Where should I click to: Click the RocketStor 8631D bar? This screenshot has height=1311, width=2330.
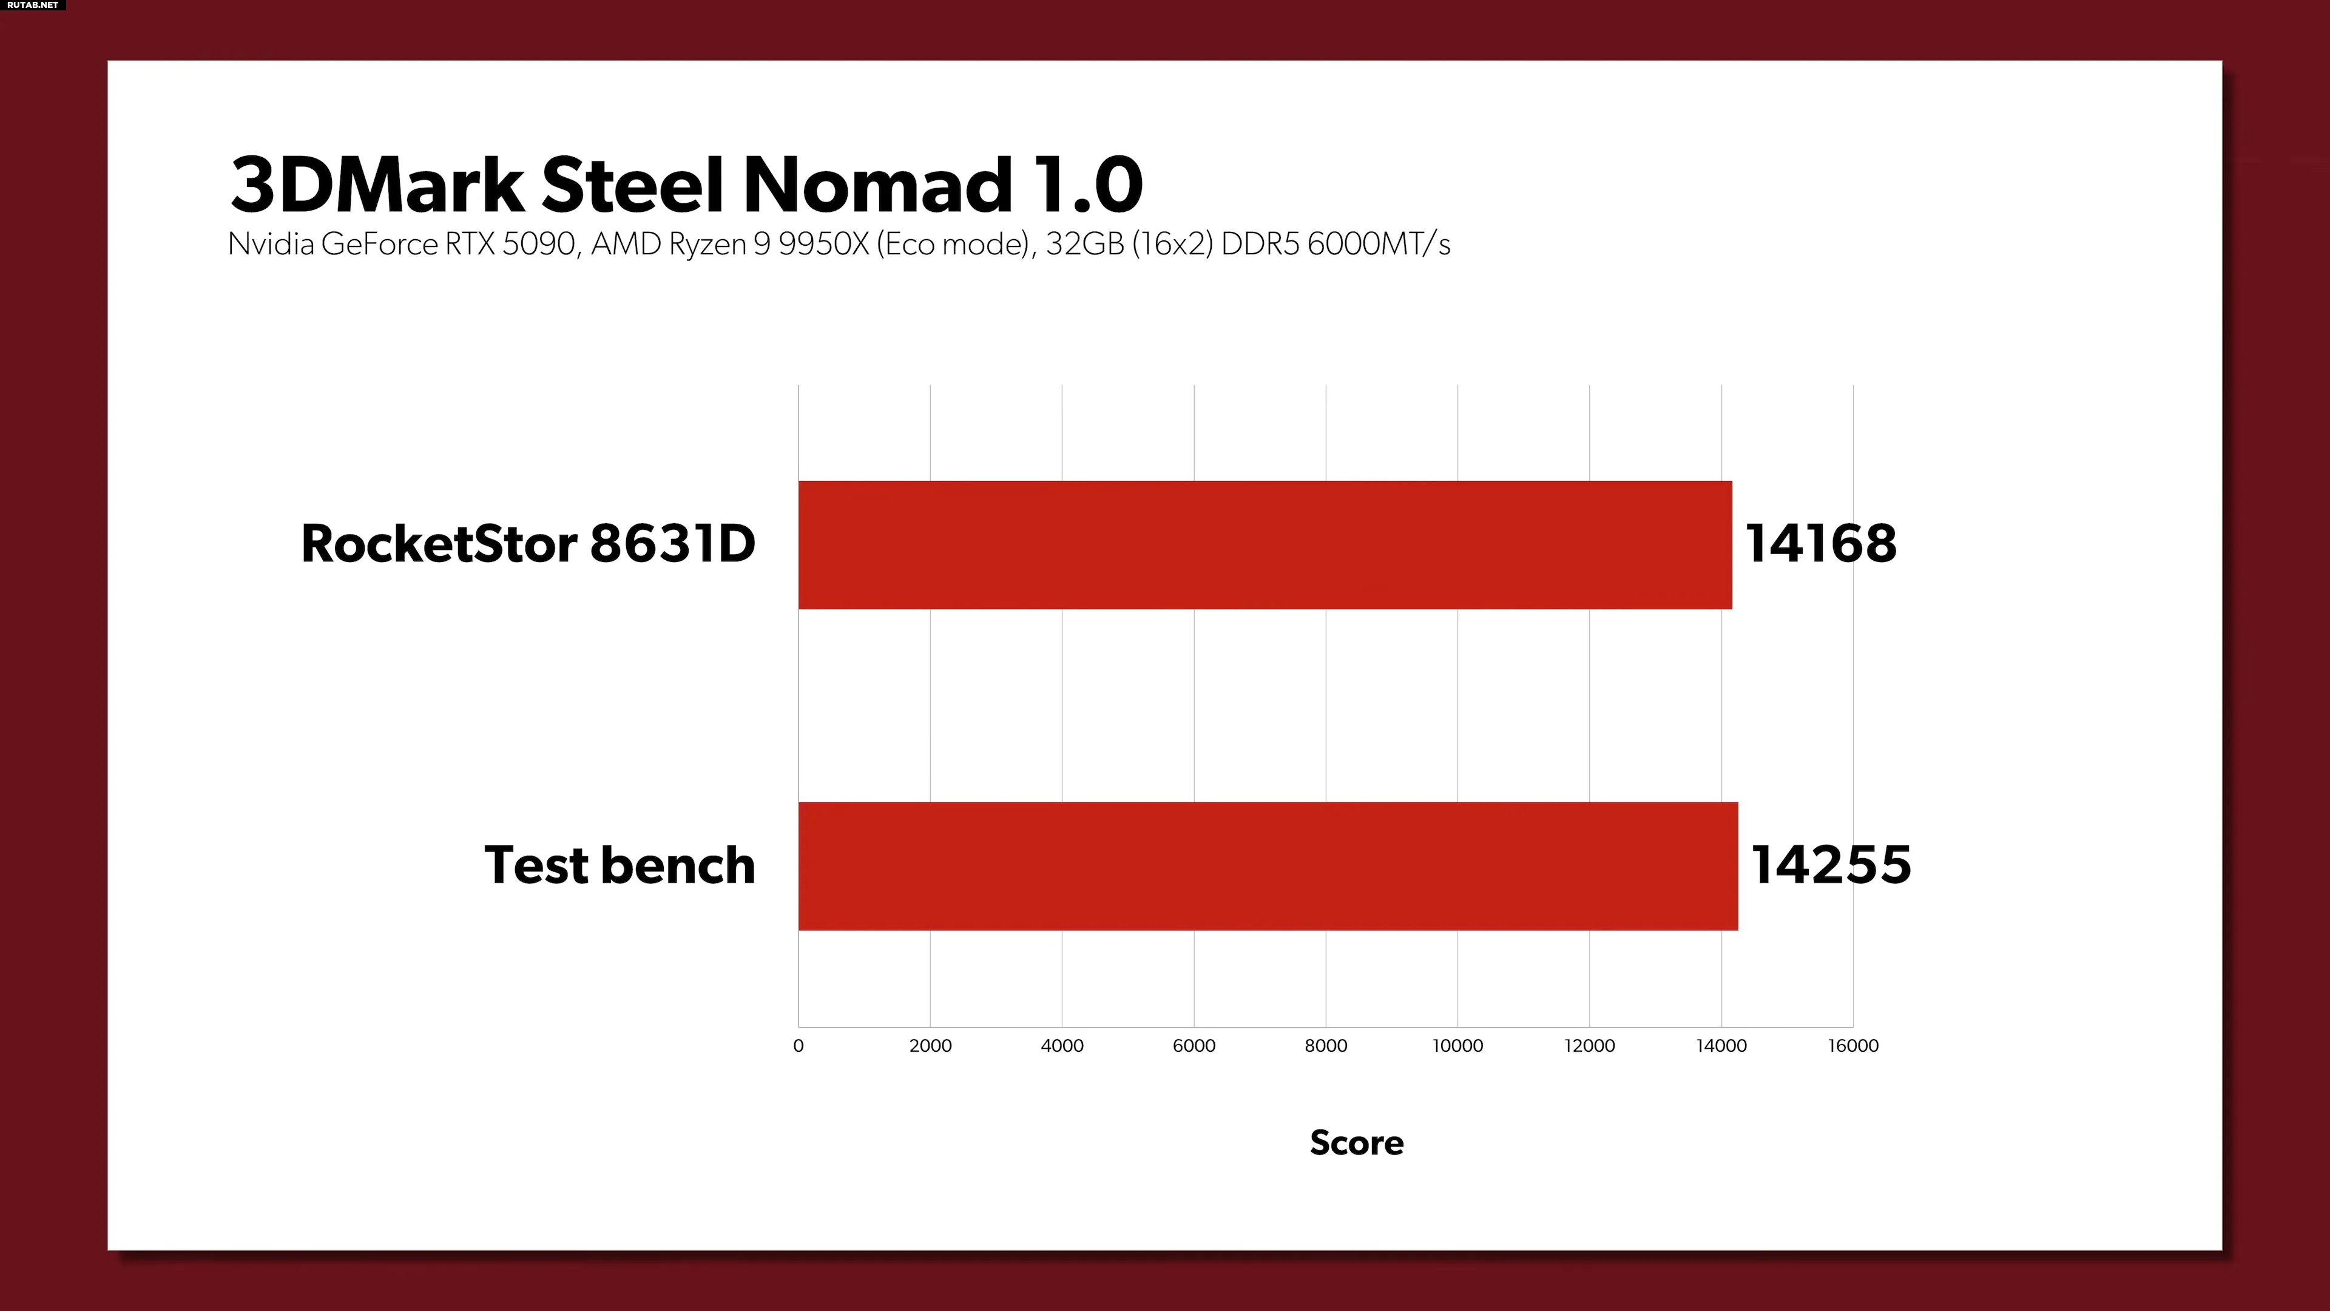coord(1265,544)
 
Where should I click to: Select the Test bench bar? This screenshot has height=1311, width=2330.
coord(1267,866)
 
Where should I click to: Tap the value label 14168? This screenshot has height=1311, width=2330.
coord(1820,544)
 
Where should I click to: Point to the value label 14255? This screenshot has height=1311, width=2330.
coord(1831,865)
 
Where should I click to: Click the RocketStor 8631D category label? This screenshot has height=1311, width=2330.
coord(527,544)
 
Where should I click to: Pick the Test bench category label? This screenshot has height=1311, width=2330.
coord(620,865)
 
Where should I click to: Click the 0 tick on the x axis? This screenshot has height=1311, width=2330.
coord(798,1046)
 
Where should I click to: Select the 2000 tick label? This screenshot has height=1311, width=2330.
coord(930,1046)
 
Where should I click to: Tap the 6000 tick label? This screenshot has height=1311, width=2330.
coord(1194,1046)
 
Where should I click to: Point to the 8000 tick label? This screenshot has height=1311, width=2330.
coord(1325,1046)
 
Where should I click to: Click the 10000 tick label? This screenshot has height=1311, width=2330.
coord(1457,1046)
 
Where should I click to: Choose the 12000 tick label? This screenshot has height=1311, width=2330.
coord(1589,1046)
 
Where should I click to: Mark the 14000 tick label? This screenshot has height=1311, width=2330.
coord(1720,1046)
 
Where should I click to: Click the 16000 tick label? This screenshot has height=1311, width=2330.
coord(1852,1046)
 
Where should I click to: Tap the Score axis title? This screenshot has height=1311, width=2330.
coord(1357,1143)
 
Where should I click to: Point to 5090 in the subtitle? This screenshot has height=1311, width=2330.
coord(538,244)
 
